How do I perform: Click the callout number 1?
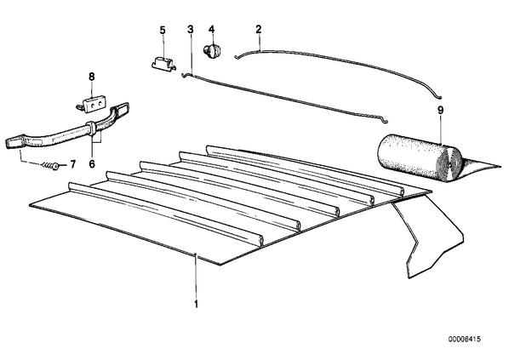click(x=196, y=304)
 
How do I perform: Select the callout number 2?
click(x=259, y=30)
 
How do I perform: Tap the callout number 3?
click(x=191, y=30)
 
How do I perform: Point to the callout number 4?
click(x=212, y=30)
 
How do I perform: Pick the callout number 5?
click(x=163, y=30)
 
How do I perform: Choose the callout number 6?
click(x=92, y=164)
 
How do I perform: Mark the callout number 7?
click(x=72, y=164)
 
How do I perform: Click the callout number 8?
click(x=92, y=77)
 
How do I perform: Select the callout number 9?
click(x=441, y=111)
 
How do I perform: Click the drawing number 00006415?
click(x=465, y=340)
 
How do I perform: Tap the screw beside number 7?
click(x=50, y=166)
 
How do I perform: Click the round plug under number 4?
click(x=212, y=51)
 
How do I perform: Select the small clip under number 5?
click(x=164, y=63)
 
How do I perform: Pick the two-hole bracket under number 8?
click(x=93, y=103)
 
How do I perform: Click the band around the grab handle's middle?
click(x=90, y=128)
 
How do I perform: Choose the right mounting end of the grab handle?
click(x=120, y=109)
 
